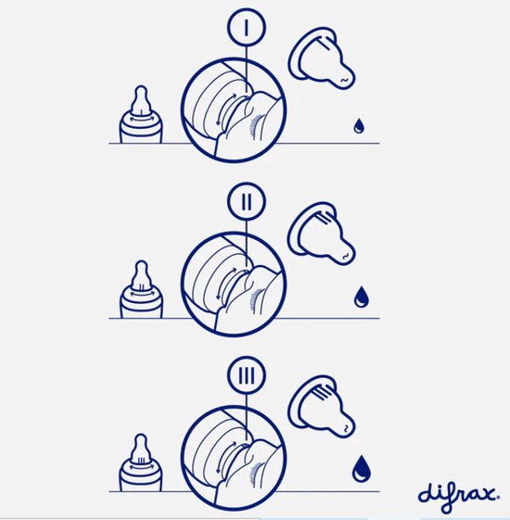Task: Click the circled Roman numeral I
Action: pyautogui.click(x=247, y=28)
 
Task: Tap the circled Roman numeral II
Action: pyautogui.click(x=247, y=201)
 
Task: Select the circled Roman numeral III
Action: pyautogui.click(x=247, y=374)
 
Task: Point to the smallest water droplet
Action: pyautogui.click(x=359, y=126)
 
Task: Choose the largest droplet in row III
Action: pyautogui.click(x=362, y=469)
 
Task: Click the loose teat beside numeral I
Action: pyautogui.click(x=321, y=58)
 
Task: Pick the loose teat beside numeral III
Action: pyautogui.click(x=321, y=406)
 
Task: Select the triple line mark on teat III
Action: pyautogui.click(x=323, y=393)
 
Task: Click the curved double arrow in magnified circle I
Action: pyautogui.click(x=227, y=108)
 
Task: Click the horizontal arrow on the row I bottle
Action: pyautogui.click(x=141, y=120)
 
